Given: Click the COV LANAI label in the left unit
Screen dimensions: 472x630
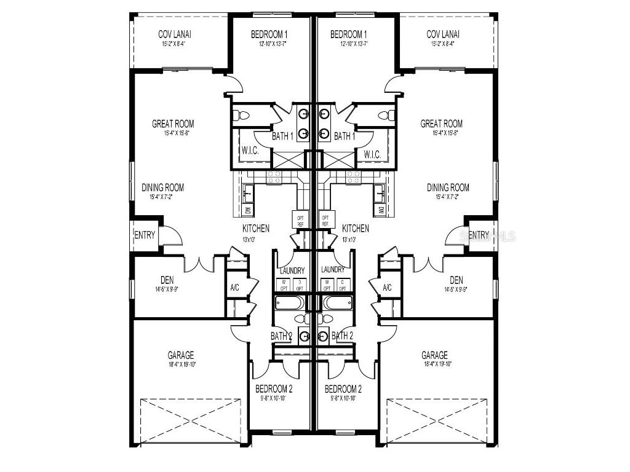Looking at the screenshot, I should click(173, 34).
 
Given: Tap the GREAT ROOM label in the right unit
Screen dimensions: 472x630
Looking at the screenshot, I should click(441, 124).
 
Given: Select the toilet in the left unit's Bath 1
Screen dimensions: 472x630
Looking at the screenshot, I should click(243, 115).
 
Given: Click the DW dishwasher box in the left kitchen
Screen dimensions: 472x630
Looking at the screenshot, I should click(247, 210).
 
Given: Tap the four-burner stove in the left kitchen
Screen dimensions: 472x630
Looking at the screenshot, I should click(274, 178).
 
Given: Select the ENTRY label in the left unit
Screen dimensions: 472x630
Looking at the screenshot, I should click(145, 235).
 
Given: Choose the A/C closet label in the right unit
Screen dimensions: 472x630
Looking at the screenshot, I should click(387, 288).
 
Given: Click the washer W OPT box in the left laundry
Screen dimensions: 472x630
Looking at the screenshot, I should click(284, 285).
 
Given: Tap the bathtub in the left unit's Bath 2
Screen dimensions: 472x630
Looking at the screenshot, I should click(289, 303).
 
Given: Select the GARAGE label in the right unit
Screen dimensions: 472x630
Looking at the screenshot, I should click(434, 355).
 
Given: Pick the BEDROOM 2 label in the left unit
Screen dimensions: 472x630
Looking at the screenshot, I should click(274, 389).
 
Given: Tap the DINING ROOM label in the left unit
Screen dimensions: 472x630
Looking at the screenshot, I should click(162, 188).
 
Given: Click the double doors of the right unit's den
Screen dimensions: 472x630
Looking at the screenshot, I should click(428, 264).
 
